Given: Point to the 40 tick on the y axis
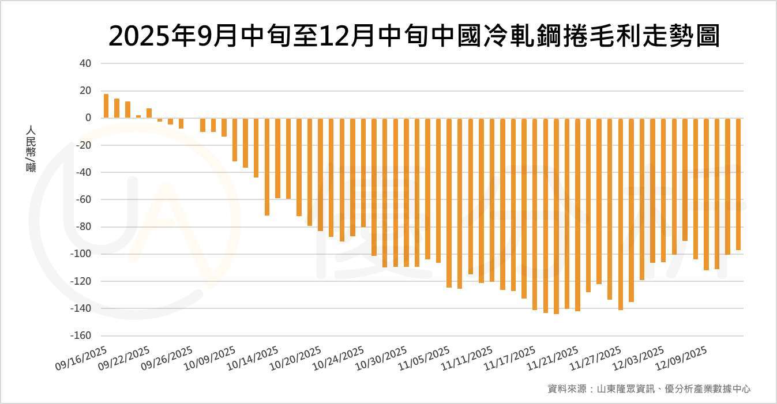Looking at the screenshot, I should pyautogui.click(x=85, y=63).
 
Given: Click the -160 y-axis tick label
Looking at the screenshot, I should pyautogui.click(x=81, y=335).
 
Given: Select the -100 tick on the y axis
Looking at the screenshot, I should pyautogui.click(x=81, y=254).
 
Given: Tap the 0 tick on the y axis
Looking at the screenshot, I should pyautogui.click(x=88, y=118).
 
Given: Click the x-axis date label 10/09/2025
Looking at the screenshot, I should pyautogui.click(x=210, y=357).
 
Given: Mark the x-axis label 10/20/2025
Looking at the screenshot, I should pyautogui.click(x=295, y=357).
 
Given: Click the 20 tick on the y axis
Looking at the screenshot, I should pyautogui.click(x=85, y=90).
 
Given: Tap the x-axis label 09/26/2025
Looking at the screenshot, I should pyautogui.click(x=167, y=357).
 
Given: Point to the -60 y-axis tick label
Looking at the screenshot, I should pyautogui.click(x=83, y=199).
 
